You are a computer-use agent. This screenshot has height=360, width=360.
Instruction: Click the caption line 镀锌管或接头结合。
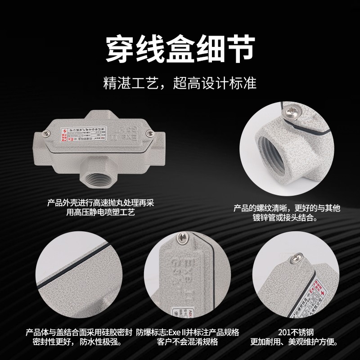287,218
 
